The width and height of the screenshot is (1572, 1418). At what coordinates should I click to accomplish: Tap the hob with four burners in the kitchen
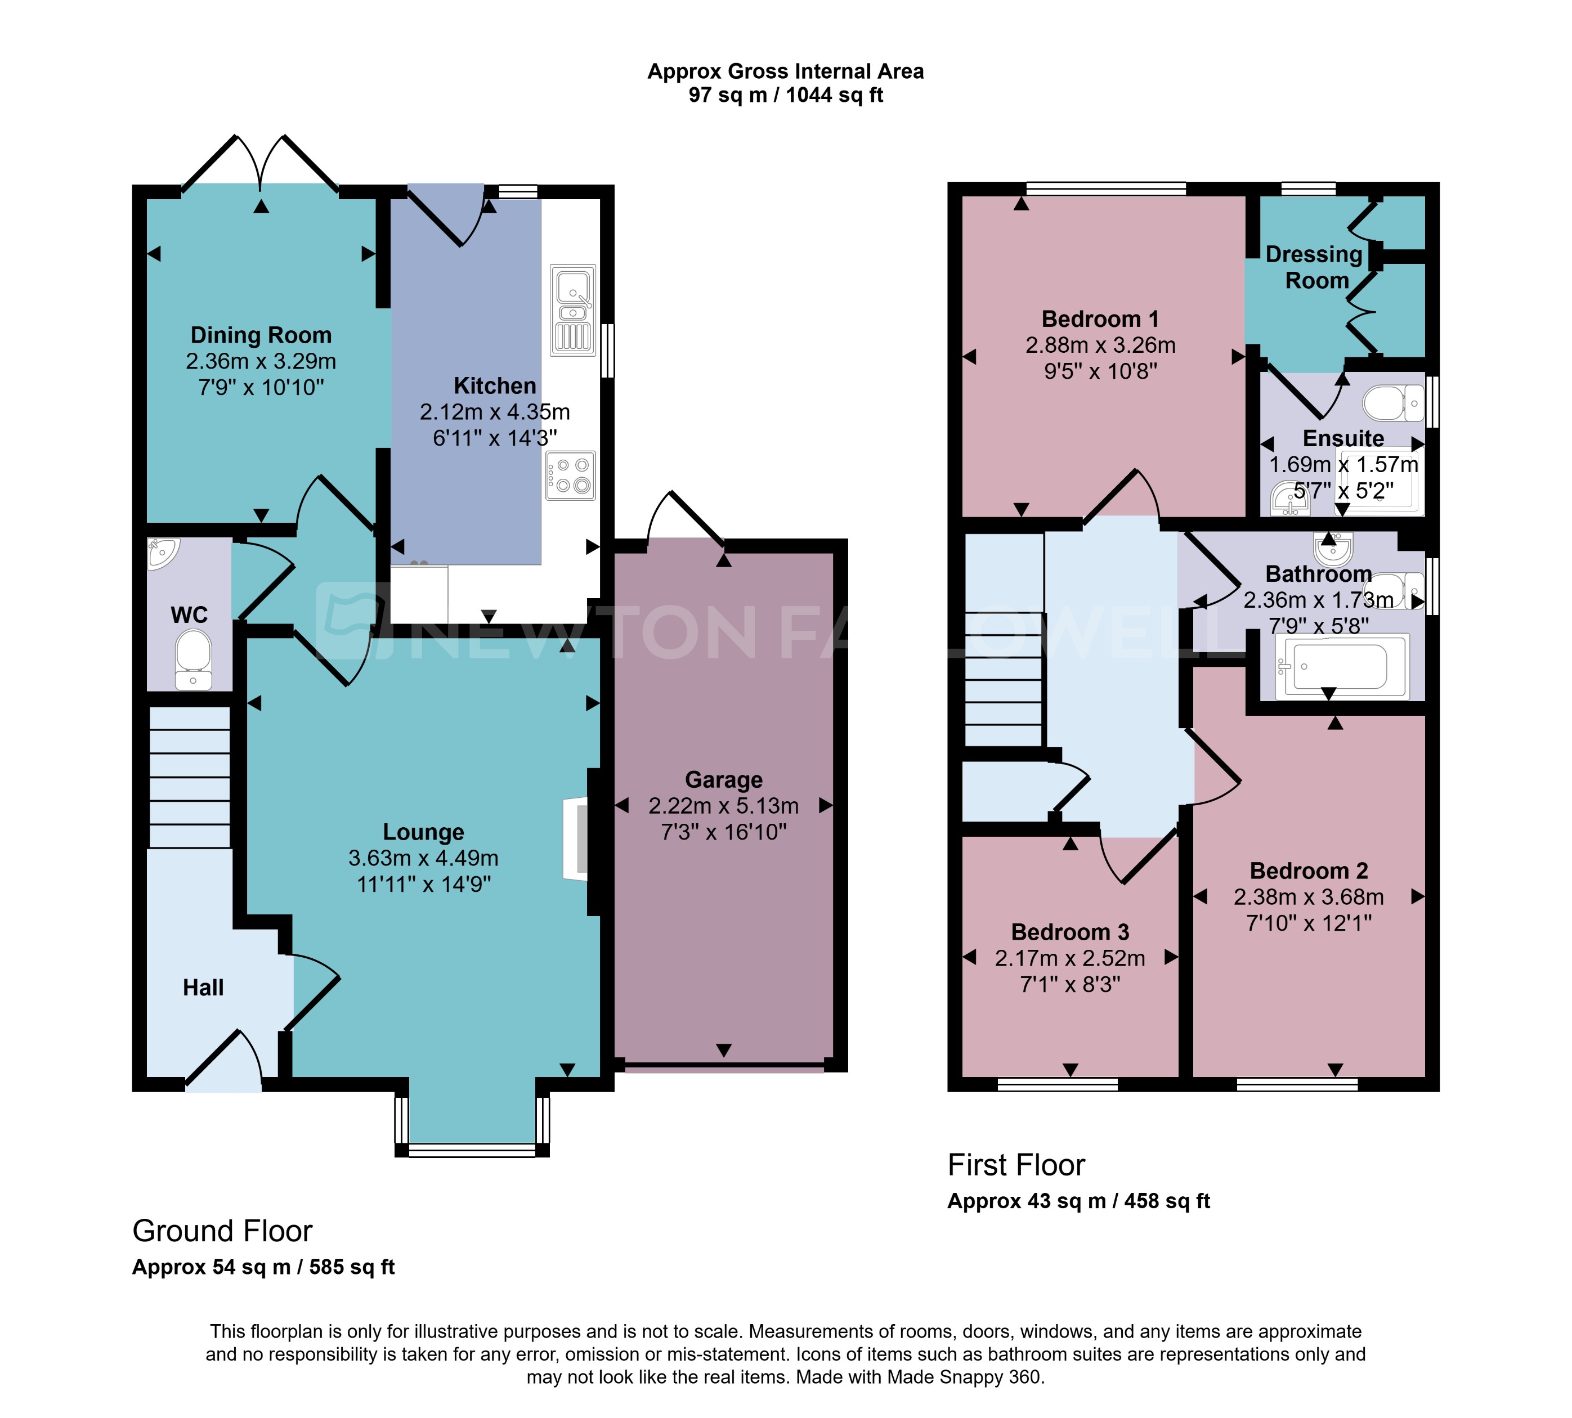click(x=571, y=475)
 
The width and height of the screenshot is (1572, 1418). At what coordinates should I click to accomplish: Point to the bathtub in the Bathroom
click(x=1341, y=667)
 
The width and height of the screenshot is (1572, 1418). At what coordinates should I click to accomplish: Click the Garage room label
click(x=723, y=779)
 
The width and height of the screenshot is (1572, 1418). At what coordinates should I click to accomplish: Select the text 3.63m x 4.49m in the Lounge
click(x=423, y=858)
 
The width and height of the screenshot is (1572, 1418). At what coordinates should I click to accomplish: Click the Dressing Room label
click(x=1315, y=267)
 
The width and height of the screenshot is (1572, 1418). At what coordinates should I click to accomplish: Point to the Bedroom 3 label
click(x=1069, y=932)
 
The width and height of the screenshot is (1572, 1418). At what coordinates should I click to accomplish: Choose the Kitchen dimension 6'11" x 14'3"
click(x=494, y=438)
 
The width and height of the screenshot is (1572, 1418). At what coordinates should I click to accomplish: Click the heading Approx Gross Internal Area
click(x=785, y=71)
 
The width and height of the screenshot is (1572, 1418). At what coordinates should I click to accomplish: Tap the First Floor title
click(x=1015, y=1165)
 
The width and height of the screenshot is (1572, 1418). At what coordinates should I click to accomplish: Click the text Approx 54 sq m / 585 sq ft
click(x=263, y=1267)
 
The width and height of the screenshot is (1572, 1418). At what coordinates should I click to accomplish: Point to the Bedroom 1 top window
click(x=1105, y=189)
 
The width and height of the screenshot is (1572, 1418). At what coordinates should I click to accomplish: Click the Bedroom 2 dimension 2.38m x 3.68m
click(x=1309, y=897)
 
